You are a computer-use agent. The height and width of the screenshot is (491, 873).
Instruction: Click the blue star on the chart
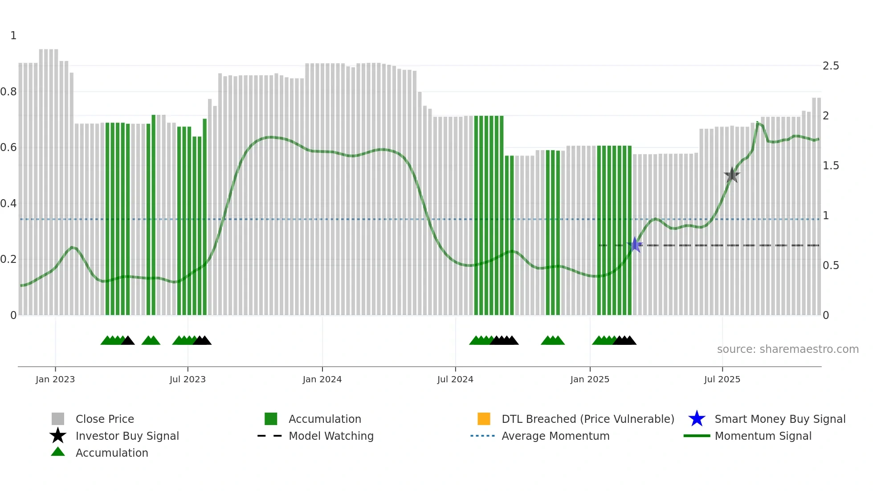click(x=635, y=245)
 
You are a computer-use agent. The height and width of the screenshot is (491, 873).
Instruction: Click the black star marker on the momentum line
click(x=732, y=175)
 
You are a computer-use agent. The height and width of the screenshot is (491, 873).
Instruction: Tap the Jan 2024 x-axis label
click(x=322, y=379)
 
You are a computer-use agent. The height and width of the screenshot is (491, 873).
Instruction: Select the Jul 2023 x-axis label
click(x=188, y=379)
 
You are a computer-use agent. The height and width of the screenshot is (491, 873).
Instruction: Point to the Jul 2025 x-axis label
click(x=722, y=379)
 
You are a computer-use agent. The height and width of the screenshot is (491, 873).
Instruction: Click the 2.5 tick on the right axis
click(x=831, y=66)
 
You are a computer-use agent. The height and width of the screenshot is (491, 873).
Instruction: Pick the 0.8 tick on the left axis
click(x=9, y=92)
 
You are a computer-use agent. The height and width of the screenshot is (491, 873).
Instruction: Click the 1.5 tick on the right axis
click(x=831, y=166)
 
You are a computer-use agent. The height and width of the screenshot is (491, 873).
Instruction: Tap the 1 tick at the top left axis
click(x=13, y=36)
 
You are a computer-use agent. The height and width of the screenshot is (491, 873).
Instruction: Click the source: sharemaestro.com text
click(x=787, y=349)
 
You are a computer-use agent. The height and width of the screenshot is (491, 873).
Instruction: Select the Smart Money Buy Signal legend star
click(x=697, y=419)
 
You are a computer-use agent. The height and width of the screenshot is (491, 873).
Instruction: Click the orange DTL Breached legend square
click(x=484, y=419)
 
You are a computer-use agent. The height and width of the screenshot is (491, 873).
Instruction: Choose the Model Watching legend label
click(x=331, y=436)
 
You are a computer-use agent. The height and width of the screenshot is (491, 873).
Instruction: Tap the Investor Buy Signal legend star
click(x=58, y=436)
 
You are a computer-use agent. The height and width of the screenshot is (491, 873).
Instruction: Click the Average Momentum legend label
click(x=555, y=436)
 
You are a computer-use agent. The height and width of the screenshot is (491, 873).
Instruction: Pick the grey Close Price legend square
click(x=58, y=419)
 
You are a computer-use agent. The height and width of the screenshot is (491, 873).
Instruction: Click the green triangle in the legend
click(x=58, y=452)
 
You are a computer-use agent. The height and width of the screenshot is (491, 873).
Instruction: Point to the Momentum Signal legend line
click(x=697, y=436)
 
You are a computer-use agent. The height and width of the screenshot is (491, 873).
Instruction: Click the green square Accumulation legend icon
click(x=271, y=419)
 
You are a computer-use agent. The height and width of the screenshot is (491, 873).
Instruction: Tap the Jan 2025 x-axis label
click(x=590, y=379)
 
